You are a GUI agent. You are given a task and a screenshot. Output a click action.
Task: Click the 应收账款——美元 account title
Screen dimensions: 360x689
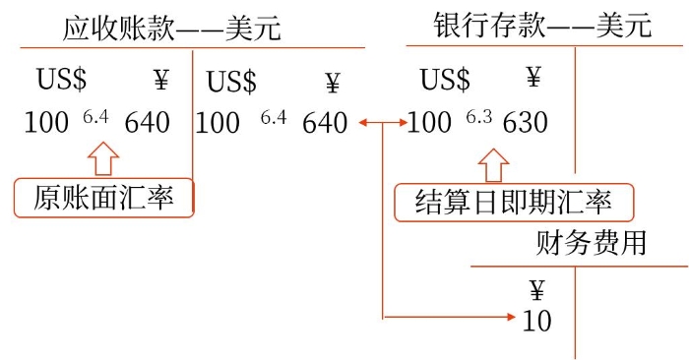tap(171, 28)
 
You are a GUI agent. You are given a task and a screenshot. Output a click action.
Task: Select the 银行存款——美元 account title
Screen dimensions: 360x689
tap(542, 26)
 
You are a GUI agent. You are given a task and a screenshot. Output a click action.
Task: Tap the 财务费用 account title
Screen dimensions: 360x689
tap(592, 242)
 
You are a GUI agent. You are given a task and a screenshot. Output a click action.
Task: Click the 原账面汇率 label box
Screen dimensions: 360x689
tap(104, 199)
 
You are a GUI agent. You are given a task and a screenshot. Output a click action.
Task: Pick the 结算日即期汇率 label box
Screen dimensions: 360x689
tap(514, 204)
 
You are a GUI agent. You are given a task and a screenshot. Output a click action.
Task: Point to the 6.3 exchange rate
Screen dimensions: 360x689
tap(478, 117)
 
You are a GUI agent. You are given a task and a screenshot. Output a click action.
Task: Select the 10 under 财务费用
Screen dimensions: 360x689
tap(537, 321)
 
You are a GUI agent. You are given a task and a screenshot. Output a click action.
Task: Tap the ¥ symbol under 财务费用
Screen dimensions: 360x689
tap(537, 289)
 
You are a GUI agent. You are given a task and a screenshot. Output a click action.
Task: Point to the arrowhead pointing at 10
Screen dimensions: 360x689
tap(510, 317)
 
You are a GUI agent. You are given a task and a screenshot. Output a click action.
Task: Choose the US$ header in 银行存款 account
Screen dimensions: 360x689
tap(445, 80)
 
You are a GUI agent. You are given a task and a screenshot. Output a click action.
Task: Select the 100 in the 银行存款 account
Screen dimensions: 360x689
tap(429, 123)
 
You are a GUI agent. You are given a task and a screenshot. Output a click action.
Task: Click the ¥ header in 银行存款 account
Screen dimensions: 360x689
tap(533, 77)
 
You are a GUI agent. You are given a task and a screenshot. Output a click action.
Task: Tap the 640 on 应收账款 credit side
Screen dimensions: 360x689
tap(325, 123)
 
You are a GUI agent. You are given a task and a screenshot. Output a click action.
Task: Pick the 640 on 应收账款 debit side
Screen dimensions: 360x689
tap(147, 123)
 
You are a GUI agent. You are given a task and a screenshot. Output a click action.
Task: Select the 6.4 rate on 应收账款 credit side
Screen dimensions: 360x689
tap(274, 118)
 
